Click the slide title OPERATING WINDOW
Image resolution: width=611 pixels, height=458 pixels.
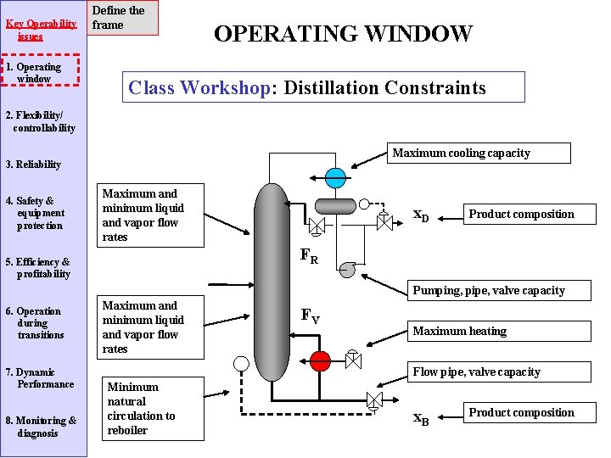pos(343,34)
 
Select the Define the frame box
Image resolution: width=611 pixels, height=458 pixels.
pos(124,18)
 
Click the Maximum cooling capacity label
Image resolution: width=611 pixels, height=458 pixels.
pos(461,154)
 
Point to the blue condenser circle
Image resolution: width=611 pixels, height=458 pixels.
pos(336,178)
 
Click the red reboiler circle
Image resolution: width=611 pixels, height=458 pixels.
pos(320,360)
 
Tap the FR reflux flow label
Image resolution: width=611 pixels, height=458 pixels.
pos(310,256)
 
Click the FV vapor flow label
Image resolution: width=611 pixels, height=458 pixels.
pos(311,316)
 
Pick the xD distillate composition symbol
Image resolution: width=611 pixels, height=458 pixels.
pos(421,216)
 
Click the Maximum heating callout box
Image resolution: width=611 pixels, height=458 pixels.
pos(459,332)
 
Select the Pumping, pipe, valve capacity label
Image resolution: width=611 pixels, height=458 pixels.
pos(488,291)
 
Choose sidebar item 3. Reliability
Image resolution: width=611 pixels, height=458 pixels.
pos(33,165)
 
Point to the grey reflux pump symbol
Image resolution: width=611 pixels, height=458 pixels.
pos(347,270)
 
